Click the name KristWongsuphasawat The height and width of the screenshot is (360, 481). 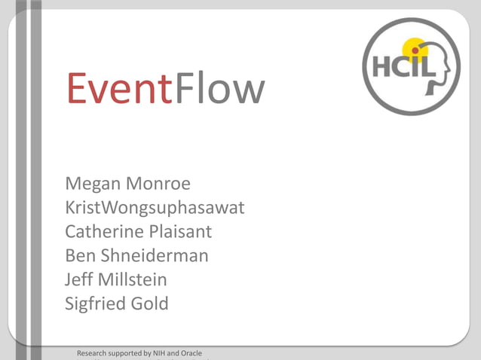pyautogui.click(x=155, y=207)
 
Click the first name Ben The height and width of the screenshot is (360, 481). pyautogui.click(x=79, y=255)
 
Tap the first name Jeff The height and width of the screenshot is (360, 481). pyautogui.click(x=79, y=279)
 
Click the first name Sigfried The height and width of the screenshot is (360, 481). pyautogui.click(x=94, y=304)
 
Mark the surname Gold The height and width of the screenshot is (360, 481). pyautogui.click(x=149, y=304)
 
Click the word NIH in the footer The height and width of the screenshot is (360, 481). pyautogui.click(x=160, y=353)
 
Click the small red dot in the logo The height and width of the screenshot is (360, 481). pyautogui.click(x=415, y=50)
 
